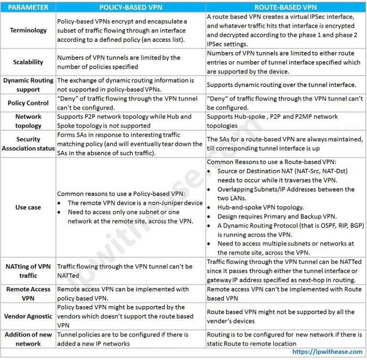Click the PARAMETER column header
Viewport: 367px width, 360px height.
[x=28, y=7]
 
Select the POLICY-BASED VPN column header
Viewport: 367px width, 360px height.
[x=130, y=7]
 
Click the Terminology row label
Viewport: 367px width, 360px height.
[x=28, y=30]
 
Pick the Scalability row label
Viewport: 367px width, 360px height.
[x=28, y=62]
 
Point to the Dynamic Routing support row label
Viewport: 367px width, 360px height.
[x=28, y=85]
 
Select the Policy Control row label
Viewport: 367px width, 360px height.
[x=28, y=103]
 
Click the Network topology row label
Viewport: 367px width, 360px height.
[x=28, y=121]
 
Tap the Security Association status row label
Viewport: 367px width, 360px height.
[x=28, y=144]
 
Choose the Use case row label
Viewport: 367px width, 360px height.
[x=28, y=207]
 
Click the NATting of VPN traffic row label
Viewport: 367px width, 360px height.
[x=28, y=271]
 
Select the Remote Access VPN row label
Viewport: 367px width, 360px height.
[x=28, y=294]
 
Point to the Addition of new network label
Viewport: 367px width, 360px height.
[x=28, y=339]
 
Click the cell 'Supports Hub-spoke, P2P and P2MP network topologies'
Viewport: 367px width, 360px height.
[x=272, y=121]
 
